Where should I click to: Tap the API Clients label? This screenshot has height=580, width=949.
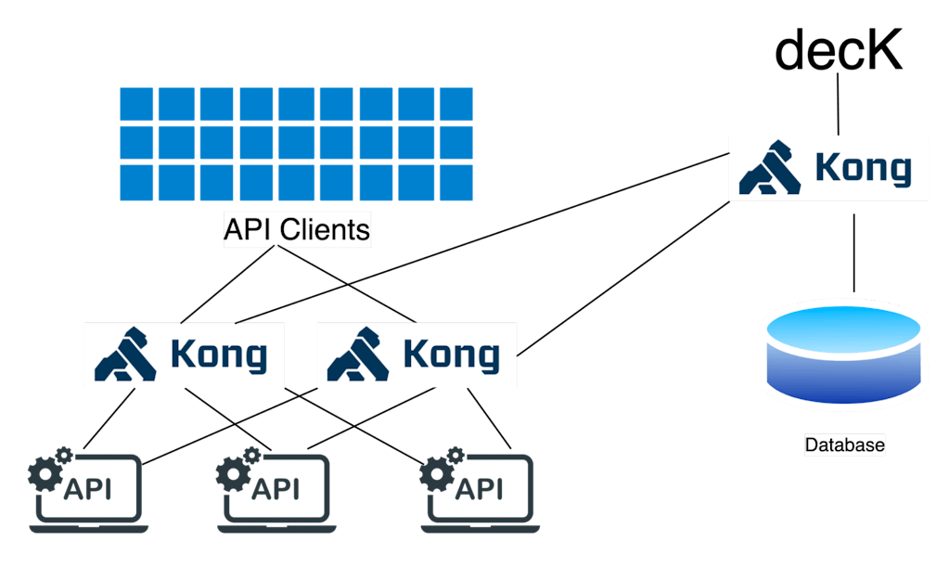point(297,229)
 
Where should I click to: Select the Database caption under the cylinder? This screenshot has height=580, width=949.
point(844,445)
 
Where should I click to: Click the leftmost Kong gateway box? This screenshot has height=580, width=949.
point(183,354)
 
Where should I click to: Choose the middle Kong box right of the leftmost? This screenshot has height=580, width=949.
point(416,354)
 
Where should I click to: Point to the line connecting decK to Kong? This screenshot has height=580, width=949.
point(838,104)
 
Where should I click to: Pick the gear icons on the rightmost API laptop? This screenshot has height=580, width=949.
point(440,470)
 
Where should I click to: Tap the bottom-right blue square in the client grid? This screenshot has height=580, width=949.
point(455,182)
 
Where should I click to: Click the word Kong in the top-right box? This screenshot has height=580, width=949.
point(863,170)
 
